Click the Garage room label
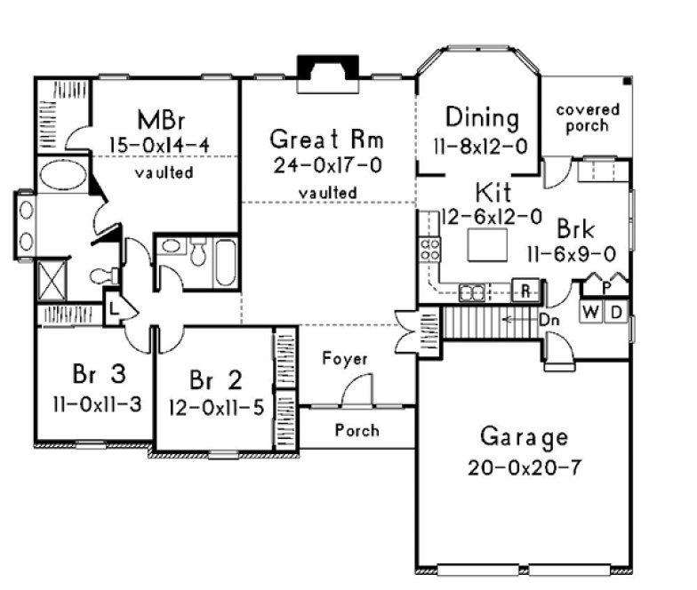524,437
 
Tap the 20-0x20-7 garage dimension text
524,466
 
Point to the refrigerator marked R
526,290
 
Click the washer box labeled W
590,311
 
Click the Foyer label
345,359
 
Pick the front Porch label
357,430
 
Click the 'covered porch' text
588,117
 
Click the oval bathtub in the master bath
60,173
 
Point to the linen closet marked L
116,307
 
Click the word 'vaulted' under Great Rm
327,192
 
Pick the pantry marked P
605,288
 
